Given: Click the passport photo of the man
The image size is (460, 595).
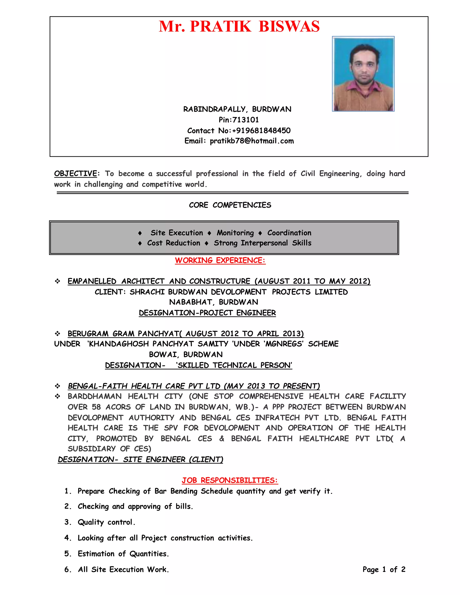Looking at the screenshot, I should (363, 74).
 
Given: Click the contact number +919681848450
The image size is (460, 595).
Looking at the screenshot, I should (261, 130).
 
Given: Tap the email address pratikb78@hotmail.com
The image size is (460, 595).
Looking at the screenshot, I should (252, 141).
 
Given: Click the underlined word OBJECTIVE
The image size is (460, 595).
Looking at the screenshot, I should (75, 174).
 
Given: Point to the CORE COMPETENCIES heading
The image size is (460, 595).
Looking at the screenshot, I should (230, 205).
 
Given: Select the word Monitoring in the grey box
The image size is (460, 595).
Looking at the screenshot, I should (235, 233).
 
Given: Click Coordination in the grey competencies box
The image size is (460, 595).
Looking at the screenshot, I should (289, 233).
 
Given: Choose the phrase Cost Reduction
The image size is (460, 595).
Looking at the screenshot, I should (174, 243).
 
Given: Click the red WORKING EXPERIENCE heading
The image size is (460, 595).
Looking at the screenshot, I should (220, 260).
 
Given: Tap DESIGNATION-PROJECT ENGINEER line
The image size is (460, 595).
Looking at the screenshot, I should (207, 313).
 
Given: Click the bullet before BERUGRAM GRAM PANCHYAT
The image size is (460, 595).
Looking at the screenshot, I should (57, 334).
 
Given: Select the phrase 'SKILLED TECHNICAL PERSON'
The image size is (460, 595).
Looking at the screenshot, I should (234, 365).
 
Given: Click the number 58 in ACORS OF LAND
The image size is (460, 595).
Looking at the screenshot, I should (96, 407).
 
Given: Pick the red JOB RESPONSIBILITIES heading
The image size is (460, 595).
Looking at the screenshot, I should (230, 480).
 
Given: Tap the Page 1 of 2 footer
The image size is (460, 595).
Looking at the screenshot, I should (384, 569).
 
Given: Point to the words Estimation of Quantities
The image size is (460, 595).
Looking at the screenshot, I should (123, 554).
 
